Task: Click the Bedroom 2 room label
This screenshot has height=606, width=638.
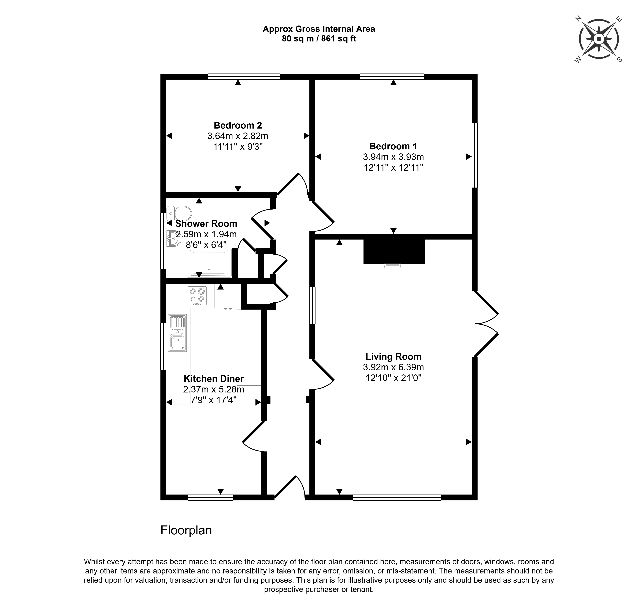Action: click(x=238, y=125)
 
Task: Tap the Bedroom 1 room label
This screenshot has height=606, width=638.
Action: click(x=393, y=146)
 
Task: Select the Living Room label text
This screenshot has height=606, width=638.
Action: click(x=393, y=357)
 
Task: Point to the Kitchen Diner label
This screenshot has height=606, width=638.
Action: click(x=214, y=379)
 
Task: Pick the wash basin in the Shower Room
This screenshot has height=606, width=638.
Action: click(x=174, y=239)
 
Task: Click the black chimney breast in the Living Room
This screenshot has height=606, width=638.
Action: click(x=394, y=251)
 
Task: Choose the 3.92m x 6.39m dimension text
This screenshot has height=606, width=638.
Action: click(x=393, y=367)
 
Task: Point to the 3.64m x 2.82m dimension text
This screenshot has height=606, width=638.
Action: click(x=238, y=136)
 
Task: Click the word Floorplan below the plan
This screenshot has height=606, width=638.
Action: click(x=186, y=530)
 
